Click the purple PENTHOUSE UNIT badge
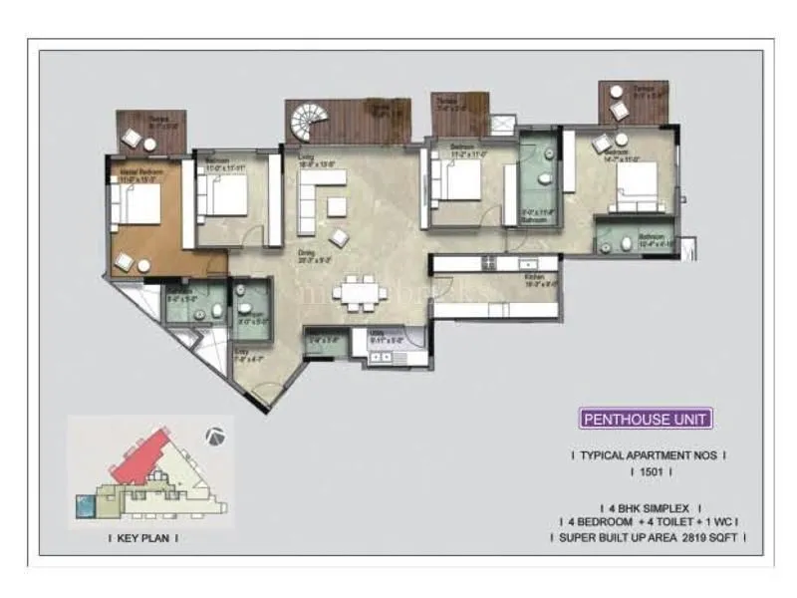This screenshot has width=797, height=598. [x=646, y=420]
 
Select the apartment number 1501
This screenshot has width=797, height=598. [x=652, y=472]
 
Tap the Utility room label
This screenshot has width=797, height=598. [x=377, y=333]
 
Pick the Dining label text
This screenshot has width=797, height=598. [x=306, y=253]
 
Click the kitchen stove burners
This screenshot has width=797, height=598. [x=488, y=264]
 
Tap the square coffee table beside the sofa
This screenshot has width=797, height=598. [x=337, y=205]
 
